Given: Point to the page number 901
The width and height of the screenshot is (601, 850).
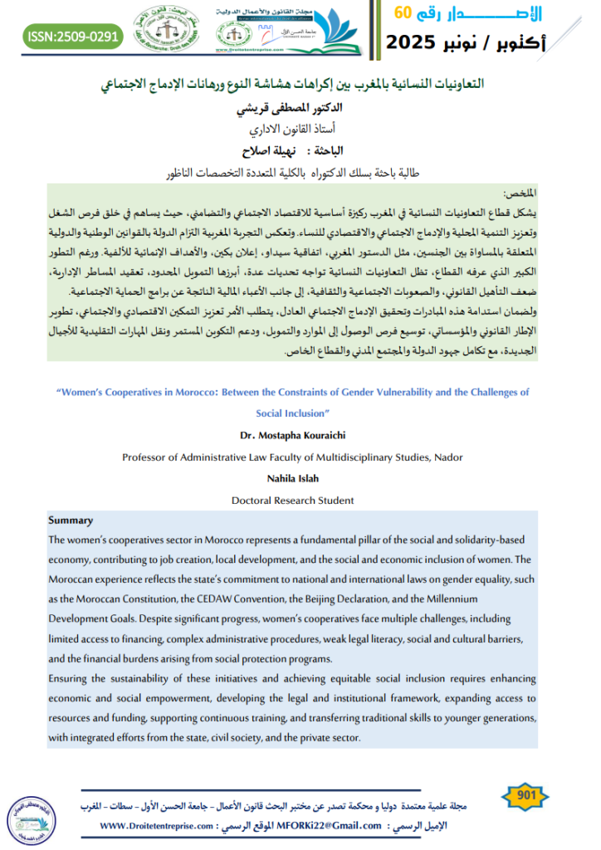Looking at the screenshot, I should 525,796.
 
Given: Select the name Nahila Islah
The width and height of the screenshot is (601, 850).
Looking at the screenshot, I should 292,478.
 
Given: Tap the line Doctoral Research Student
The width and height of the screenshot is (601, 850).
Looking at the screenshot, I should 292,500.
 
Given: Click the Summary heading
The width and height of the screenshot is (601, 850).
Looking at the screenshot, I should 71,520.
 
